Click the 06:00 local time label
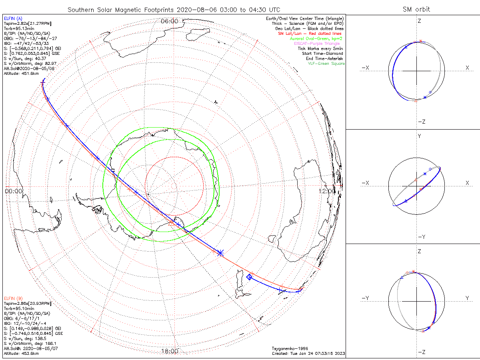pos(170,21)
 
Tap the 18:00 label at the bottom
pos(170,351)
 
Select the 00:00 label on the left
pos(14,191)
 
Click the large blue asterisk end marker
pos(220,252)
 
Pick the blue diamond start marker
pos(249,277)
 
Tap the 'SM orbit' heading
pos(416,10)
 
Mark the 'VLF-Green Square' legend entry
pos(326,64)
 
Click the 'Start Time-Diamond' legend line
pos(322,54)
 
